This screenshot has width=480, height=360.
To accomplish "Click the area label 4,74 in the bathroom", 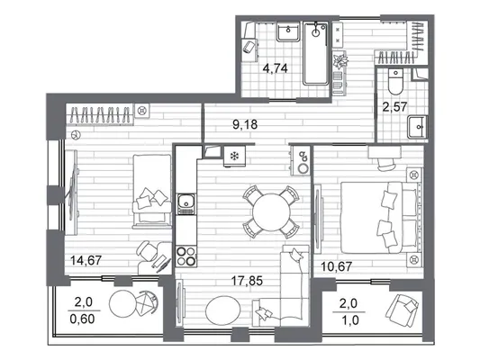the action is pyautogui.click(x=276, y=68).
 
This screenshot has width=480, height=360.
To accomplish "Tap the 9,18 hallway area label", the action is pyautogui.click(x=245, y=124).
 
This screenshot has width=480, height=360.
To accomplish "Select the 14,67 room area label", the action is pyautogui.click(x=86, y=260).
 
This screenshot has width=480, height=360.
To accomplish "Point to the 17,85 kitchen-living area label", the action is pyautogui.click(x=247, y=281).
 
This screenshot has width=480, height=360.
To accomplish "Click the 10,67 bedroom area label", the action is pyautogui.click(x=337, y=266).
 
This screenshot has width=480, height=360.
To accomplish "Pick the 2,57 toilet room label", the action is pyautogui.click(x=395, y=107).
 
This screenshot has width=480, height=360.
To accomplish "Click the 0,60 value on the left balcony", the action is pyautogui.click(x=82, y=319).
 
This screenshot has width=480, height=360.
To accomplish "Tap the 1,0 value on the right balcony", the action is pyautogui.click(x=350, y=320).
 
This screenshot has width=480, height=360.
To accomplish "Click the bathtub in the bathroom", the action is pyautogui.click(x=316, y=53).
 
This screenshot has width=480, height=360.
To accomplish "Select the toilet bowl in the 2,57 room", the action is pyautogui.click(x=395, y=81).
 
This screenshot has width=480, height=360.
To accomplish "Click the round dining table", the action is pyautogui.click(x=271, y=212).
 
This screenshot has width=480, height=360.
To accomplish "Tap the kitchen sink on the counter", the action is pyautogui.click(x=186, y=204).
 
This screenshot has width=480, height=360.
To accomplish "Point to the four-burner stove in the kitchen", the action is pyautogui.click(x=186, y=256).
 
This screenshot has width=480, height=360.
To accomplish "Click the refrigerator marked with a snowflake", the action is pyautogui.click(x=234, y=157).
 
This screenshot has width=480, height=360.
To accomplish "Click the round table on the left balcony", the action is pyautogui.click(x=122, y=303).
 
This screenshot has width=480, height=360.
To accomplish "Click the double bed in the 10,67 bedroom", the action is pyautogui.click(x=380, y=218).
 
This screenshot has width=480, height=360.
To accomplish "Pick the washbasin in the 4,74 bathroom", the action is pyautogui.click(x=288, y=31).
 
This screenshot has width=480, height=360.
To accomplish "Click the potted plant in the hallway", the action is pyautogui.click(x=340, y=60).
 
